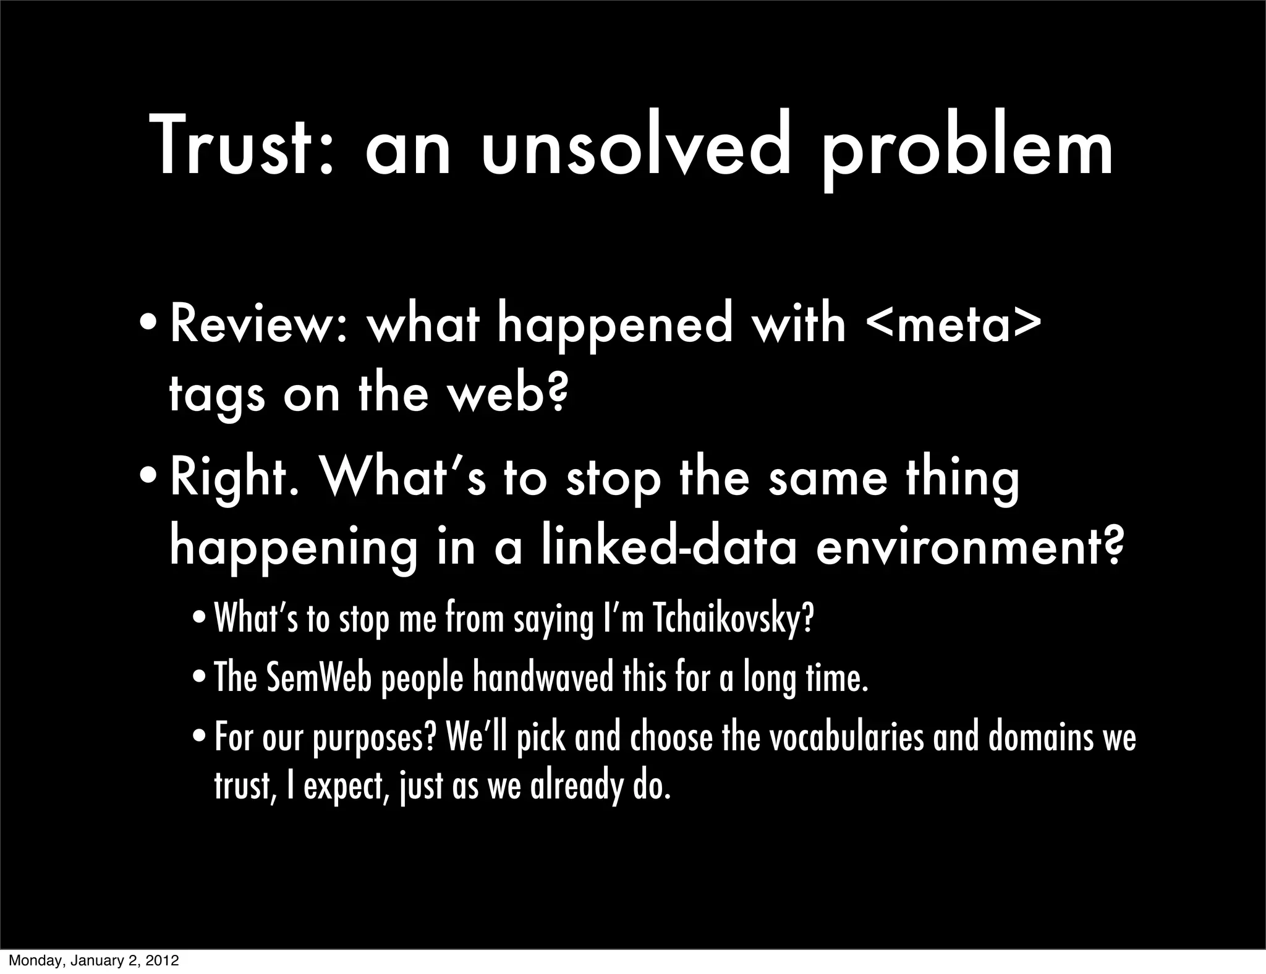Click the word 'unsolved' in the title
tap(636, 148)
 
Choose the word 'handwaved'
tap(543, 678)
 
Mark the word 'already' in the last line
tap(576, 787)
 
